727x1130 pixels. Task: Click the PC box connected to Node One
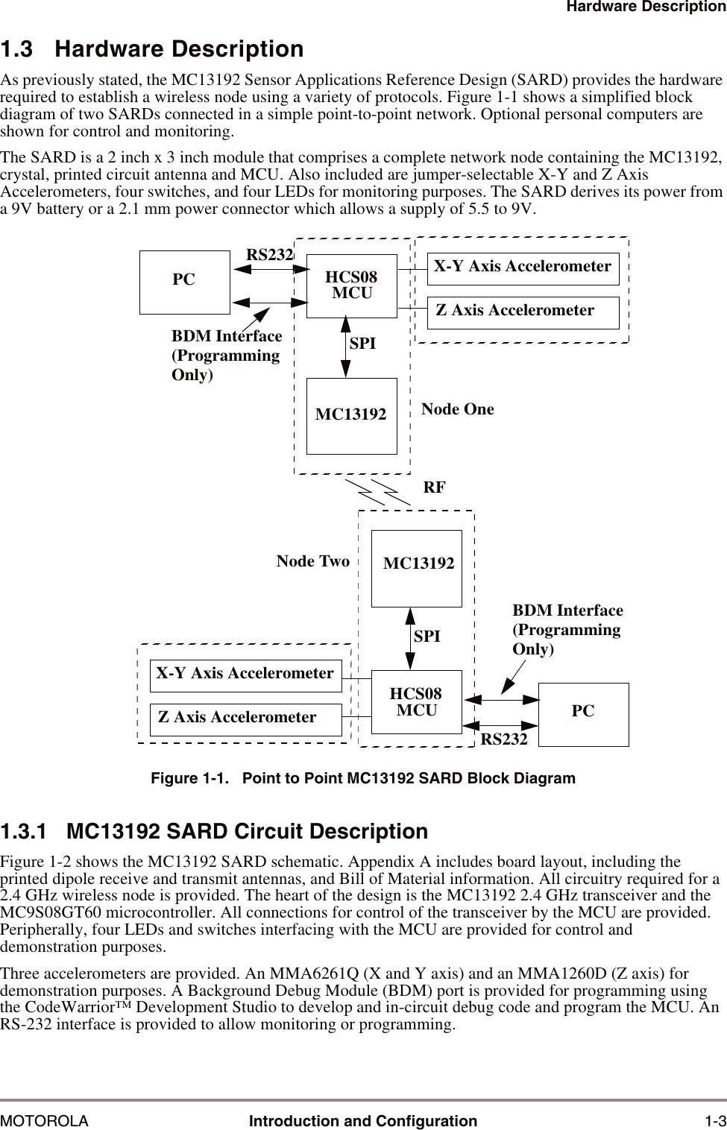184,282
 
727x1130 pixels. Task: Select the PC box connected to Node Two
583,713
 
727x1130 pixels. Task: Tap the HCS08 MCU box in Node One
352,285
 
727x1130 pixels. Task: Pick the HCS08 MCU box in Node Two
416,702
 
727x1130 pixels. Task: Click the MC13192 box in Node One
351,415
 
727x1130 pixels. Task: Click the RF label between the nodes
434,487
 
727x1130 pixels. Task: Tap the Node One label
457,409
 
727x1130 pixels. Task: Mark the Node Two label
313,561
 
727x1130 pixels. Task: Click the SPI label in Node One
362,344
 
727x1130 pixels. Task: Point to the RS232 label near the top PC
269,255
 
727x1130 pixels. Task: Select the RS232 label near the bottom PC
504,739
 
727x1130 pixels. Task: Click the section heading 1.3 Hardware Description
152,49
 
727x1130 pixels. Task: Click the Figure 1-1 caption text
363,778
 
